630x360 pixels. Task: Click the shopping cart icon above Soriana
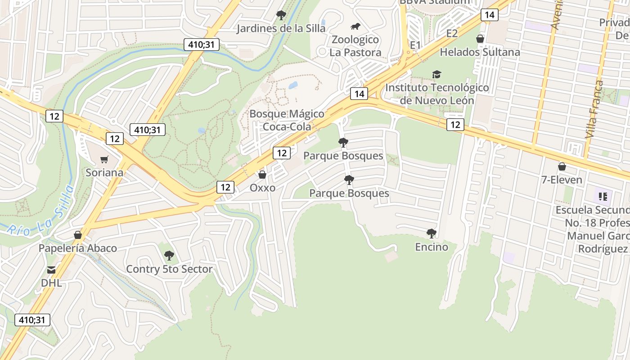tap(104, 159)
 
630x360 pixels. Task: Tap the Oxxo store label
tap(262, 188)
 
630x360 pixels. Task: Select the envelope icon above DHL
tap(51, 270)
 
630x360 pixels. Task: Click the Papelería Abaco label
tap(77, 248)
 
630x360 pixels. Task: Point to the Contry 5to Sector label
tap(169, 269)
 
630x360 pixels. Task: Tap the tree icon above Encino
tap(432, 234)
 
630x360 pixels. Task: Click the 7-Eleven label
tap(562, 180)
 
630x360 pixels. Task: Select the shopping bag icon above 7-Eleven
tap(562, 167)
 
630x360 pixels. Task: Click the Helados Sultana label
tap(480, 52)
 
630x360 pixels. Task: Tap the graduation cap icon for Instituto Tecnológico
tap(436, 74)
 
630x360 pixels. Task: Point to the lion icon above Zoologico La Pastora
tap(355, 27)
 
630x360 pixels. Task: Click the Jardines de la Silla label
tap(281, 28)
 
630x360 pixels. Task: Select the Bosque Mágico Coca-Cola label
tap(287, 120)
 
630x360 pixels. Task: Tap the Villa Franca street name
tap(594, 109)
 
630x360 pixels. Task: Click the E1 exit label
tap(415, 45)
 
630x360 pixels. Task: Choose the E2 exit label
tap(452, 33)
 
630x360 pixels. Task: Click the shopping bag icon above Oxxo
tap(262, 175)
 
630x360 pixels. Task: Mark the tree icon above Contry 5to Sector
tap(169, 256)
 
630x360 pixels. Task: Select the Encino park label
tap(432, 247)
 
